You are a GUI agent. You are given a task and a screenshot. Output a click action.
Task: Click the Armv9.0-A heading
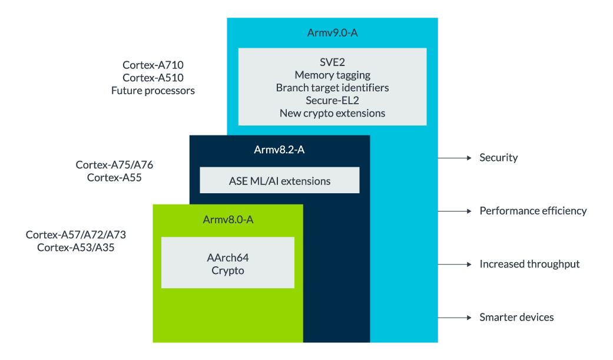(x=332, y=33)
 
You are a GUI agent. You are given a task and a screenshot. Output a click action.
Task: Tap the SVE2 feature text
(x=332, y=62)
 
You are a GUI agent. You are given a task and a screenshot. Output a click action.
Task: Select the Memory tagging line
(x=332, y=75)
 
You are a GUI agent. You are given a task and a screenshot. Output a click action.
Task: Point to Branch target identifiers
(x=332, y=88)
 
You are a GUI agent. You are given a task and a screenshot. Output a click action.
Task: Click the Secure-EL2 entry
(x=332, y=100)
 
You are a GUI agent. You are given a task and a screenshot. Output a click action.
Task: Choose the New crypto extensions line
(x=332, y=113)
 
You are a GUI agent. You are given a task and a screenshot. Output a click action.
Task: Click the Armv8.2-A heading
(x=279, y=150)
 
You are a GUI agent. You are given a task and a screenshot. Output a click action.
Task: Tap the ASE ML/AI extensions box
(x=279, y=181)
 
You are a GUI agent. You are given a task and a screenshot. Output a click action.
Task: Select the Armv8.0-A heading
(x=228, y=220)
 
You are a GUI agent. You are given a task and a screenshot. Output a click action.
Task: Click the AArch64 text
(x=228, y=258)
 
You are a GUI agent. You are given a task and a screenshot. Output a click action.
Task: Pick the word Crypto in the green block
(x=228, y=271)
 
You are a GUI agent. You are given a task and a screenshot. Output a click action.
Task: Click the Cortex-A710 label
(x=153, y=65)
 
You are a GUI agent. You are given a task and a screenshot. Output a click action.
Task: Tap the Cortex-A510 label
(x=153, y=78)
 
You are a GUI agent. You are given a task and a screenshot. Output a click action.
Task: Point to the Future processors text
(x=153, y=91)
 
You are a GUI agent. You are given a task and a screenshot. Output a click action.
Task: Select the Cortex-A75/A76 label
(x=114, y=165)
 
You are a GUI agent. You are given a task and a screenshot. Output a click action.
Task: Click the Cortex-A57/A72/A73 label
(x=75, y=235)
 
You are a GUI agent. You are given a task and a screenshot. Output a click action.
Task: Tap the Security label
(x=499, y=157)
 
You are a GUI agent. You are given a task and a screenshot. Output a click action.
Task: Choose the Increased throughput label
(x=529, y=264)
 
